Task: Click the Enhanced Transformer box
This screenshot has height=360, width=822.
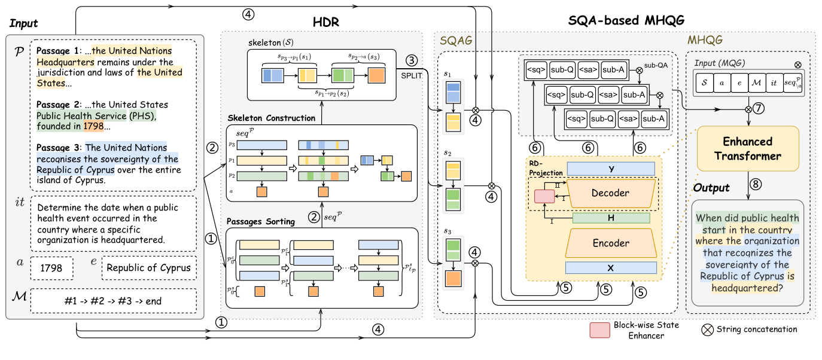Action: pyautogui.click(x=748, y=148)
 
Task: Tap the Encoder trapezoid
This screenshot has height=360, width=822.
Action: pyautogui.click(x=610, y=243)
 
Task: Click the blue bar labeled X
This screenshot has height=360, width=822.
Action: pyautogui.click(x=610, y=268)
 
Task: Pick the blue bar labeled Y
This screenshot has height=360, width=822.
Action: pyautogui.click(x=610, y=169)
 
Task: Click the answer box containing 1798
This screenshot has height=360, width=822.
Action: pyautogui.click(x=51, y=268)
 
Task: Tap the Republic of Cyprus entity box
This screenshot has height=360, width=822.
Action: pyautogui.click(x=149, y=268)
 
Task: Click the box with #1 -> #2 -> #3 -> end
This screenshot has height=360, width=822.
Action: pyautogui.click(x=112, y=301)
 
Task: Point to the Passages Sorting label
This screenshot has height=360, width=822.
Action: pyautogui.click(x=256, y=222)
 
